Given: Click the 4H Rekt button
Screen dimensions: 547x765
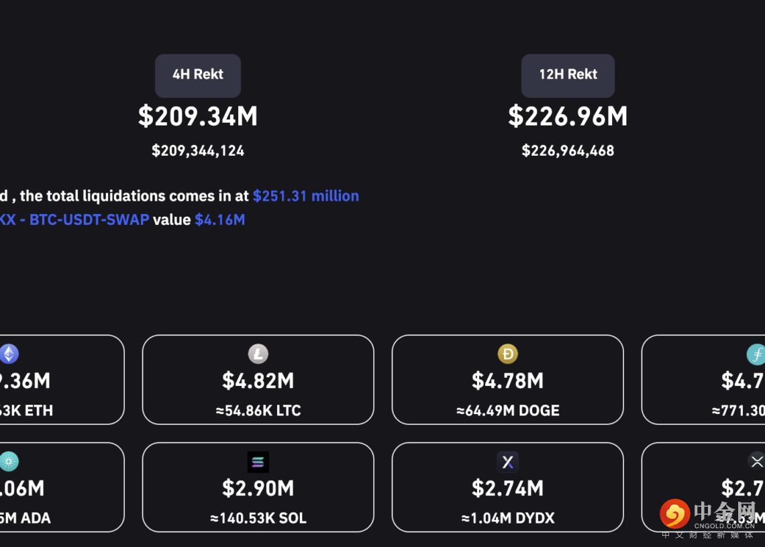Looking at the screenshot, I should coord(198,75).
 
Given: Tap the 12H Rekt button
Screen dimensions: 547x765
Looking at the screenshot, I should coord(568,75).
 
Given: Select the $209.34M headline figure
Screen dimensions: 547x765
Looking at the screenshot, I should coord(198,116).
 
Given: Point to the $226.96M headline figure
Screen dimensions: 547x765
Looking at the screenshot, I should coord(568,116).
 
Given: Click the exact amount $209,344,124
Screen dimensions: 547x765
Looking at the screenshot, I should coord(198,150).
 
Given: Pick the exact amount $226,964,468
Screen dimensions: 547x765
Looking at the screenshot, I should coord(568,150).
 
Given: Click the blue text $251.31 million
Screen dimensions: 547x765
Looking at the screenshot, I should coord(306,196).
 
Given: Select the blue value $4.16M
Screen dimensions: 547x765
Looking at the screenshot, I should coord(219,219).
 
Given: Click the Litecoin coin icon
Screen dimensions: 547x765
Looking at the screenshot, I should coord(258,354).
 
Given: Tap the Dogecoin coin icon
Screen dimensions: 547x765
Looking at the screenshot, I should coord(508,354).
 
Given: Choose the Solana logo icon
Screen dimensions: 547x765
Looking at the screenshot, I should coord(258,462).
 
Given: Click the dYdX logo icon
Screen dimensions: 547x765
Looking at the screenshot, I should coord(508,462).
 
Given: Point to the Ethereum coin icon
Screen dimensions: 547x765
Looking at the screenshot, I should coord(9,354).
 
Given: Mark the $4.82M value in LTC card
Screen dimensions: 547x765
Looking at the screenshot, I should coord(258,381).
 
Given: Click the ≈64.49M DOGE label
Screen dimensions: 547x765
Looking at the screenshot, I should coord(508,411).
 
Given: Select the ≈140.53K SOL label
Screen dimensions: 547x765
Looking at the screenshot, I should coord(258,518).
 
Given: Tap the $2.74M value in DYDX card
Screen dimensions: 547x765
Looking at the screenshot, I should coord(508,489).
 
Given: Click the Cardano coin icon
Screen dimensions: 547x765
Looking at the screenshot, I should coord(9,462).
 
